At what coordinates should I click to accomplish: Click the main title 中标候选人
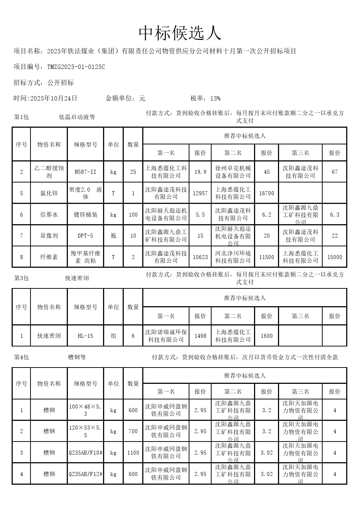180,33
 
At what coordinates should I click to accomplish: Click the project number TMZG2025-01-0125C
76,67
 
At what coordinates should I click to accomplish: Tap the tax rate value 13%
215,98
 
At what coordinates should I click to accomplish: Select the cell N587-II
85,172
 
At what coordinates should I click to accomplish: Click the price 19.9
200,172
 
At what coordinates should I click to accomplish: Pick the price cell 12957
200,193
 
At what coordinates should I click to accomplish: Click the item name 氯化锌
49,193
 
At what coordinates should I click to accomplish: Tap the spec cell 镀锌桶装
85,214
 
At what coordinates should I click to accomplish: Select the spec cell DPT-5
85,236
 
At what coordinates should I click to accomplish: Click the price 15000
335,257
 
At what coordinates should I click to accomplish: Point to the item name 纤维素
49,257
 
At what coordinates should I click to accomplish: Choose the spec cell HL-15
85,336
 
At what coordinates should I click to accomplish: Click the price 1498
200,336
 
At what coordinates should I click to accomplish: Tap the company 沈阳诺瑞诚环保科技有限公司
166,336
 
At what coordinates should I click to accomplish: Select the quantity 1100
133,453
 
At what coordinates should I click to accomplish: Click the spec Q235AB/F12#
85,474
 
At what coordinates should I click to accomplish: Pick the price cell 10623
200,257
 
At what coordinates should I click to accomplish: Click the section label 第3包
21,278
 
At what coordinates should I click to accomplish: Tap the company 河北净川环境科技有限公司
233,257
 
